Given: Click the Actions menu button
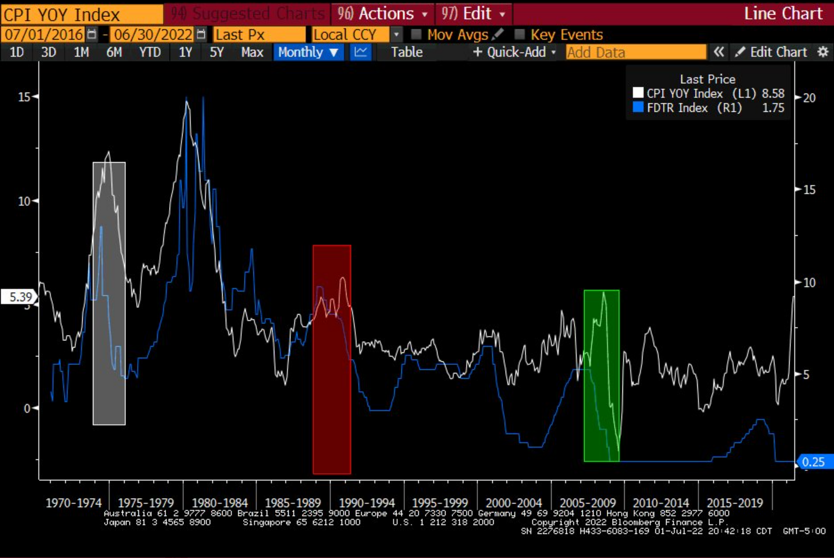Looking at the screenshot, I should (382, 14).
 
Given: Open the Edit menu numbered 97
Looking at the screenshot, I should (473, 14).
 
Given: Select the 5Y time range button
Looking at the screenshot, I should (216, 52).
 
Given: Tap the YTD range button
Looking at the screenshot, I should (150, 52).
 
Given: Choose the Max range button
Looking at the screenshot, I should (252, 52).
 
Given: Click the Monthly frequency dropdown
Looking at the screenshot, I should (308, 52).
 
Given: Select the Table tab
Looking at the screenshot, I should (407, 52).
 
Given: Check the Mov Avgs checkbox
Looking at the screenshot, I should (416, 34).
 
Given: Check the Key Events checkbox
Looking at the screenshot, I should (520, 34).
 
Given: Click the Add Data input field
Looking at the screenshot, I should (636, 52).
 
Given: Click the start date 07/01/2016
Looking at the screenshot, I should (44, 34).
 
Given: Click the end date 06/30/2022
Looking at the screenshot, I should (153, 34).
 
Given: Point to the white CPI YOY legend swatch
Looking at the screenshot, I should (638, 93).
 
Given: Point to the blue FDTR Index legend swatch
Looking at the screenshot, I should (638, 107).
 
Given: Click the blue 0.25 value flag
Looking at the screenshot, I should (813, 462).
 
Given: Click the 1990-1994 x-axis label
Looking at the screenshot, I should (367, 503).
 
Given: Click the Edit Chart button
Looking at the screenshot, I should (771, 52).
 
